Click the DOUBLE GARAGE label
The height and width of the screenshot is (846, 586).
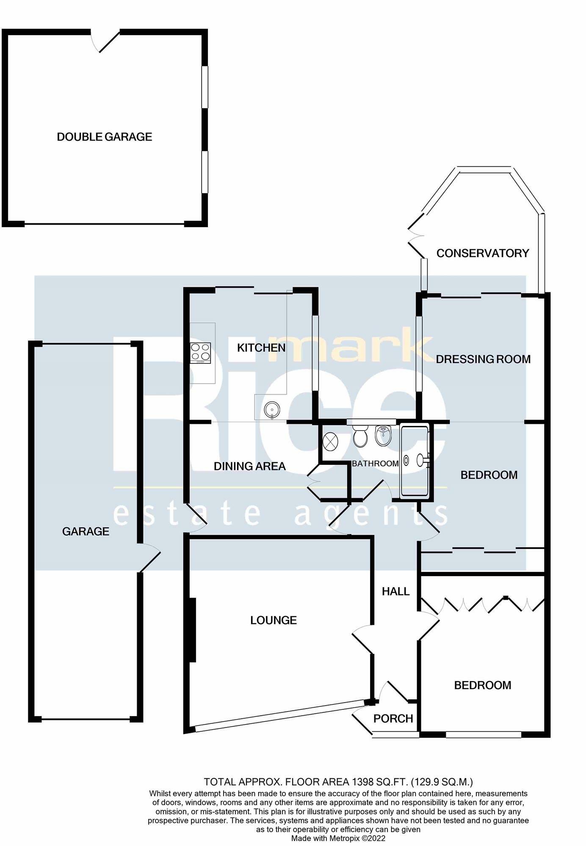coord(104,137)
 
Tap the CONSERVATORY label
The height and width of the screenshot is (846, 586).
coord(482,253)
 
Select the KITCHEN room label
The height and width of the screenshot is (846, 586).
coord(261,348)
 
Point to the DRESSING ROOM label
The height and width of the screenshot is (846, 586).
coord(483,359)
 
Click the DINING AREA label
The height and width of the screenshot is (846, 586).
coord(249,466)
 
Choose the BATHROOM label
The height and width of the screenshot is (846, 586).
coord(375,464)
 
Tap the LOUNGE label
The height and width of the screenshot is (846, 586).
coord(273,620)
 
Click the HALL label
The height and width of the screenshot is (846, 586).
coord(395,591)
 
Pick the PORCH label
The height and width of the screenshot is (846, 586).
coord(393,718)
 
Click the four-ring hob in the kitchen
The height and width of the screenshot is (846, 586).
coord(200,352)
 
